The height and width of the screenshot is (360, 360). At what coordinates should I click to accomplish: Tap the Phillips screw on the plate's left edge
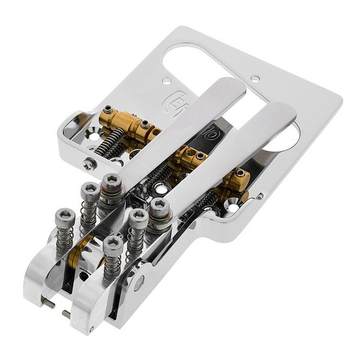(x=89, y=161)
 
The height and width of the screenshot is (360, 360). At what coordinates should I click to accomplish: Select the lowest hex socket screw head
(x=112, y=244)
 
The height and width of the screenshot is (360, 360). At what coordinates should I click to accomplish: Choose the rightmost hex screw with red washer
(x=160, y=208)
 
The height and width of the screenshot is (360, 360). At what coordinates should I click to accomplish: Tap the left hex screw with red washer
(x=112, y=181)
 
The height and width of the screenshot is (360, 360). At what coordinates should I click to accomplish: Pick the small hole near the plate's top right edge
(x=255, y=78)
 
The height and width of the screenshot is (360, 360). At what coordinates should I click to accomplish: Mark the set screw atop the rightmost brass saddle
(x=240, y=173)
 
